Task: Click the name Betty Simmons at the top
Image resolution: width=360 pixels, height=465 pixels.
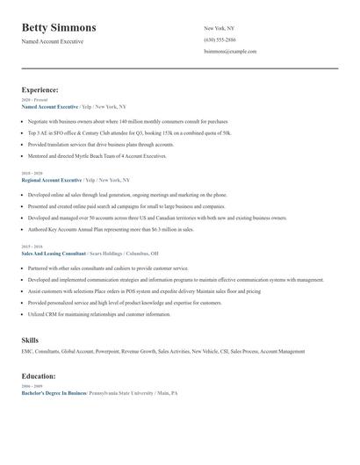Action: (59, 28)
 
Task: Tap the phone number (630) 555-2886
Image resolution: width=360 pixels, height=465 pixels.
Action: (220, 40)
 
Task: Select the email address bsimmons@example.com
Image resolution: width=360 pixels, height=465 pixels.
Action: (230, 52)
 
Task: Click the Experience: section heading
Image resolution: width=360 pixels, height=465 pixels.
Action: (40, 89)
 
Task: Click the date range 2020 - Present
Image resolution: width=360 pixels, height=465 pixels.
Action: (33, 100)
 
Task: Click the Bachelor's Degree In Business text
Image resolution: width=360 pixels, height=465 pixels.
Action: (54, 393)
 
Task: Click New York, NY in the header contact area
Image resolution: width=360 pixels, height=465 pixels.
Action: (220, 29)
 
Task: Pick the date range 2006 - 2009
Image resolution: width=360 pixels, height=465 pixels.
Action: (32, 387)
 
